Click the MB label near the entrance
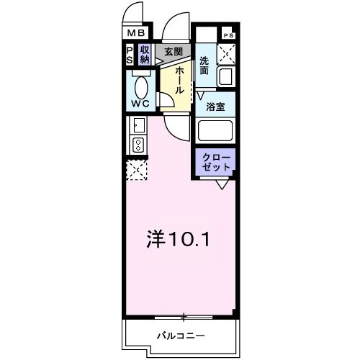tap(136, 33)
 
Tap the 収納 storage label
tap(145, 55)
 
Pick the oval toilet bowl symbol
tap(140, 87)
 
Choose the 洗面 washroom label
tap(204, 66)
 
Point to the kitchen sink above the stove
tap(138, 127)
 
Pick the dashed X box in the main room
tap(137, 171)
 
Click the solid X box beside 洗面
tap(228, 53)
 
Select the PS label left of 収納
tap(130, 55)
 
